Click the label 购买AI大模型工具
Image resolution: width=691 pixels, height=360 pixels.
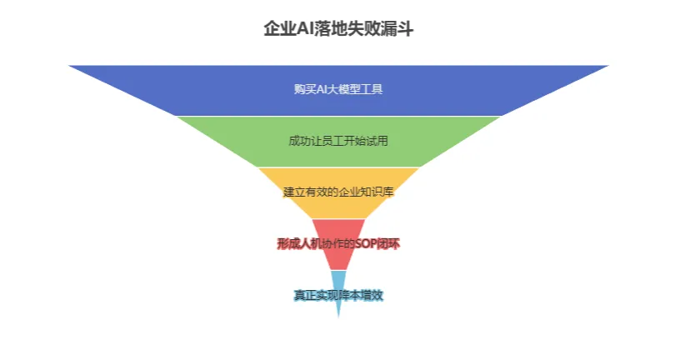coord(338,89)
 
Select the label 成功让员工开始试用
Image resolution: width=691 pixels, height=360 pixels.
coord(338,141)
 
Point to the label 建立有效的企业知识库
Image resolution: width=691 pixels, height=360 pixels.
coord(338,192)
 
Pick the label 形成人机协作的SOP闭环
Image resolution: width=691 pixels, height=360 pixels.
coord(338,243)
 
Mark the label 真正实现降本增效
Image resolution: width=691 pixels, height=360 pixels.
coord(338,295)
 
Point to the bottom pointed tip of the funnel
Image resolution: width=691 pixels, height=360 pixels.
coord(338,317)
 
